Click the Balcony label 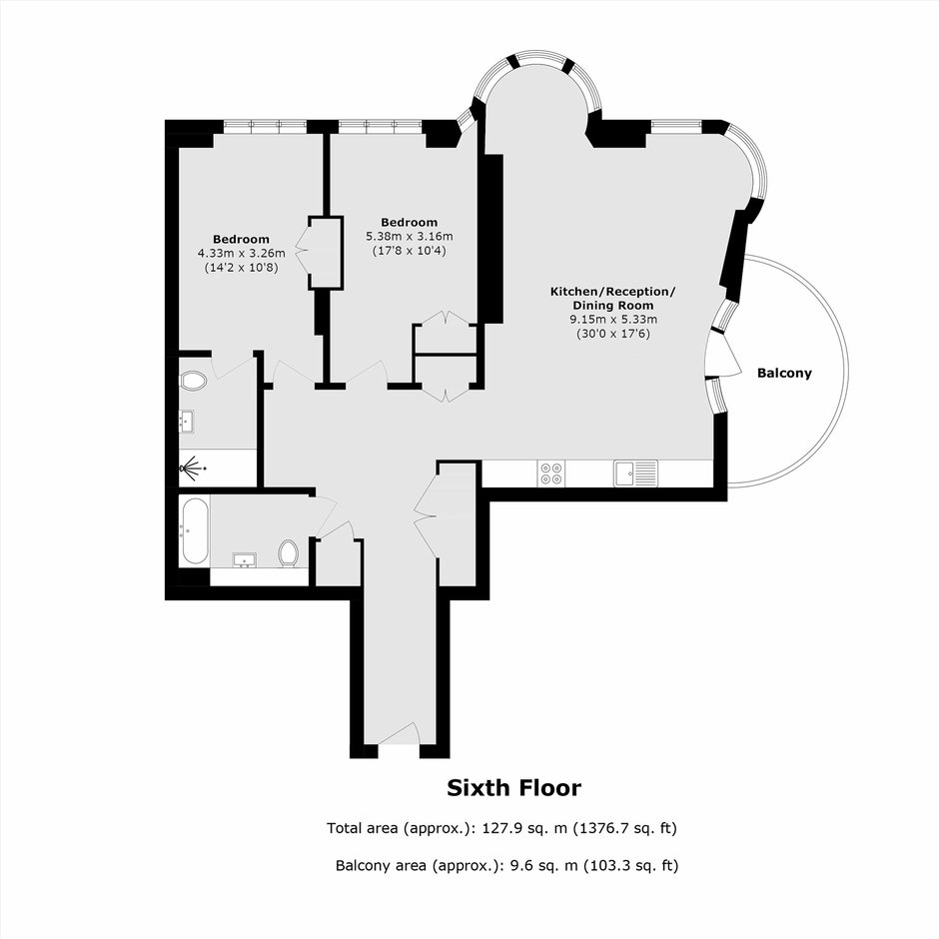tap(784, 373)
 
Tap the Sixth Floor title tap(513, 788)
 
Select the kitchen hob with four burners tap(551, 473)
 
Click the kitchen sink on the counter tap(635, 473)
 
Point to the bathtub tap(195, 531)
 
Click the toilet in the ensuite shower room tap(193, 381)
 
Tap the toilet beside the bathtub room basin tap(289, 552)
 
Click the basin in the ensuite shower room tap(188, 422)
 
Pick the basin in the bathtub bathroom tap(245, 560)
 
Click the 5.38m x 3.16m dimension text tap(410, 237)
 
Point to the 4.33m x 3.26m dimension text tap(242, 254)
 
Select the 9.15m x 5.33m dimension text tap(613, 320)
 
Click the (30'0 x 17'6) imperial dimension tap(613, 335)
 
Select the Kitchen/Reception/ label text tap(613, 292)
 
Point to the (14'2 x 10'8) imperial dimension tap(242, 268)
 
